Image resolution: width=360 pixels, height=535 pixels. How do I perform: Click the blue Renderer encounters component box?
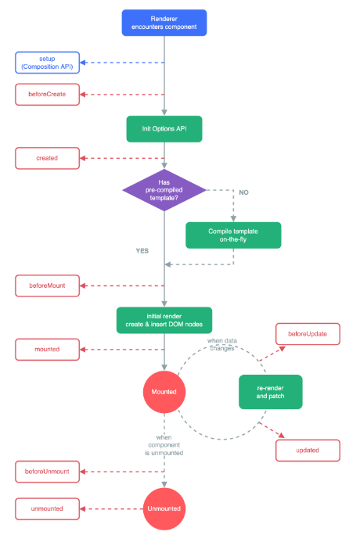(164, 23)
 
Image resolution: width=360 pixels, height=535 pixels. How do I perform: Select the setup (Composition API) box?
(47, 63)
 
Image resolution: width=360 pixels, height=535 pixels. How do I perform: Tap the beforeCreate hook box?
(47, 95)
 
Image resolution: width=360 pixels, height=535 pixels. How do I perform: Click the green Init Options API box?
(164, 129)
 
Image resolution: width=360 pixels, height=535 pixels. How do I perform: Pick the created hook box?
(47, 158)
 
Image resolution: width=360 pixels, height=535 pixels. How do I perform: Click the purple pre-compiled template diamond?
(164, 190)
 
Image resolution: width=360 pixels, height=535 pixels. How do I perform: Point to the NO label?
(243, 192)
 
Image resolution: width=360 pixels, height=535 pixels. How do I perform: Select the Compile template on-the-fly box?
(233, 235)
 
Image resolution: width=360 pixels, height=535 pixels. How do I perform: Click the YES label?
(142, 251)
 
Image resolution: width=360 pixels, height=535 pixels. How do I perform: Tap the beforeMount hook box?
(47, 286)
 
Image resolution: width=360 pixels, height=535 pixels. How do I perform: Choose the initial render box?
(164, 321)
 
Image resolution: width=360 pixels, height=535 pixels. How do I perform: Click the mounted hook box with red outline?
(47, 350)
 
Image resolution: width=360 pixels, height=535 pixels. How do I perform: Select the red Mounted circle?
(164, 392)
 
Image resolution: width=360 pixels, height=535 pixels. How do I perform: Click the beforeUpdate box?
(308, 334)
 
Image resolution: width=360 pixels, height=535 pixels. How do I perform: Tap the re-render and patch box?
(271, 392)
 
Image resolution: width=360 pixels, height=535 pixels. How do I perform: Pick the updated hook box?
(308, 451)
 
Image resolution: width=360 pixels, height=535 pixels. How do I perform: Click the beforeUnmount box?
(47, 472)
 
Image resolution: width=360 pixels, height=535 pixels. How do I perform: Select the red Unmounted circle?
(164, 508)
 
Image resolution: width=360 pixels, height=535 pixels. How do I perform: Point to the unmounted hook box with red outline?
(47, 508)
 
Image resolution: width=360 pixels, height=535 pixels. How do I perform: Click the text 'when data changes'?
(222, 345)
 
